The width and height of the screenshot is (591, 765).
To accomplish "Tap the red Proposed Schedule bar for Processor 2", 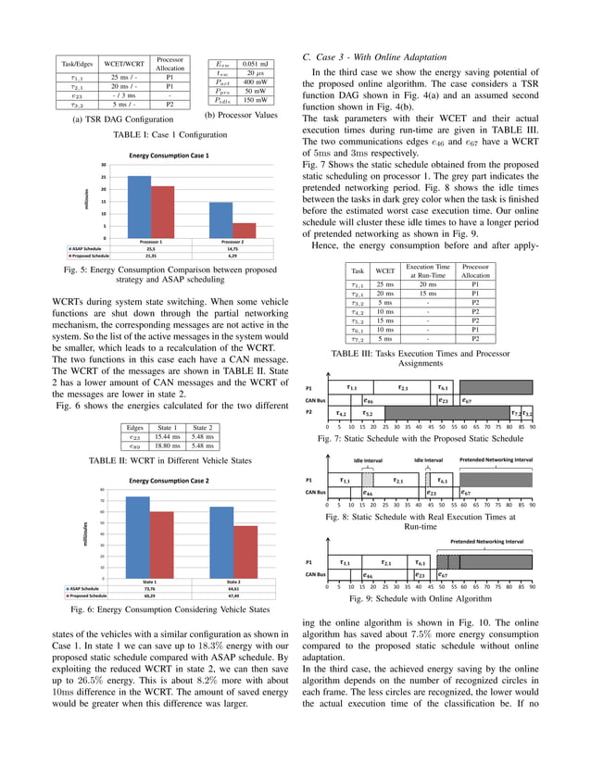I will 244,230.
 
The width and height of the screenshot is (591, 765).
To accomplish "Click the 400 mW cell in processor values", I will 249,82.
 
